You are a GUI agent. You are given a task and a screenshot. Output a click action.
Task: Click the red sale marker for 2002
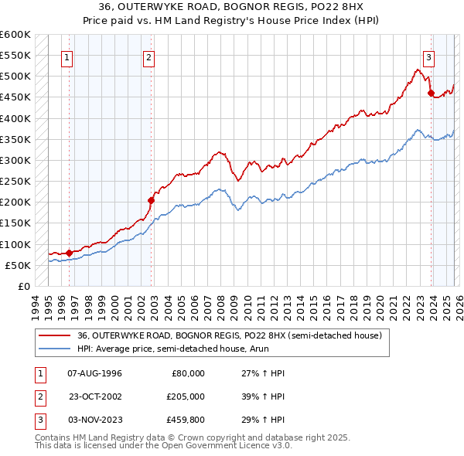tap(151, 200)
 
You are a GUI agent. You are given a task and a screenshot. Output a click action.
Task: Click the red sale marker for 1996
tap(69, 252)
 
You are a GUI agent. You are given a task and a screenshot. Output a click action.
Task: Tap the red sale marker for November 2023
tap(431, 94)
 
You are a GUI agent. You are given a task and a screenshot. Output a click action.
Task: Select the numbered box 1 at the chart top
tap(67, 56)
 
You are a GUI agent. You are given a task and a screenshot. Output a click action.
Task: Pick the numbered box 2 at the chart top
tap(148, 56)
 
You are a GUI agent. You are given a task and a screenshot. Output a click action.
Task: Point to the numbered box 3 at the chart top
tap(428, 56)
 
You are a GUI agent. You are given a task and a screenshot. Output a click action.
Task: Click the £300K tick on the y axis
tap(15, 161)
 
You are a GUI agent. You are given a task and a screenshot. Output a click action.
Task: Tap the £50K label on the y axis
tap(19, 265)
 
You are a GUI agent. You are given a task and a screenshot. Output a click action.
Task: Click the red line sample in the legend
tap(54, 335)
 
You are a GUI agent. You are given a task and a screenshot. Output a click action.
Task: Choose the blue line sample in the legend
tap(54, 348)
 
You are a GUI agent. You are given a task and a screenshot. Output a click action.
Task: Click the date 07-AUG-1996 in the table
tap(94, 373)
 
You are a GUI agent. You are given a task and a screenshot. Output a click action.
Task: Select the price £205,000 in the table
tap(185, 395)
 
